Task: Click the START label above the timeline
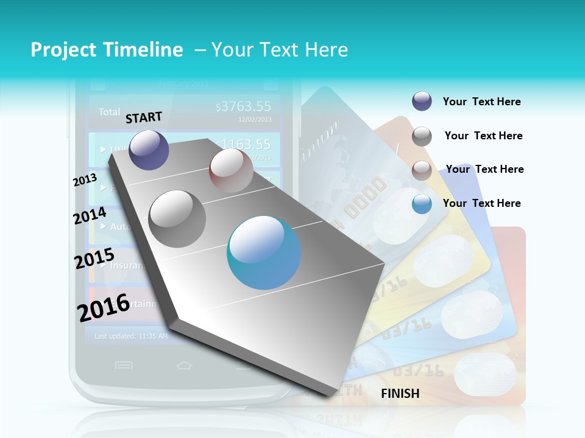144,117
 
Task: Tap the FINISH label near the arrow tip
400,394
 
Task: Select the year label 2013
85,180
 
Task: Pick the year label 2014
90,216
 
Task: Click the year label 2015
94,259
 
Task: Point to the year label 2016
103,307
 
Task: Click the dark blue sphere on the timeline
149,150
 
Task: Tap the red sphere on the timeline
231,170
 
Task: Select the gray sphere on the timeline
177,218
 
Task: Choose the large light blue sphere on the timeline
264,253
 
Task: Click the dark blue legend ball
422,101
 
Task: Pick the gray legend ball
422,136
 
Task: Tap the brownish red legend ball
422,170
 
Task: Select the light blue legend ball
422,204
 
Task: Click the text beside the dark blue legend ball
481,102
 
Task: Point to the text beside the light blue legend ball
481,203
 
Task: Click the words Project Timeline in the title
107,50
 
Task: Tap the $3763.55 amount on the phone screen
243,107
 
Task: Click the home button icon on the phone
184,365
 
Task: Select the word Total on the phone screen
110,112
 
